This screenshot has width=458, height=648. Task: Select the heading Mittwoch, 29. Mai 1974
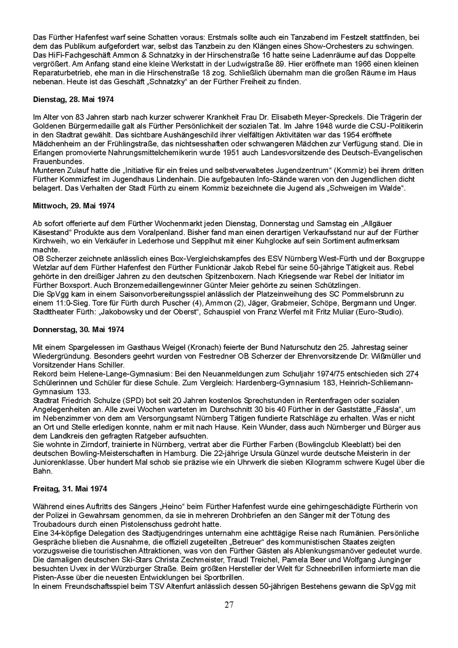tap(74, 206)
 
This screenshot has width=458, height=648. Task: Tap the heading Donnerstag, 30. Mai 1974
tap(78, 329)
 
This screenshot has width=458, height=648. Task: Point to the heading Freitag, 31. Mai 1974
tap(70, 489)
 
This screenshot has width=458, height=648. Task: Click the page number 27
tap(229, 605)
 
